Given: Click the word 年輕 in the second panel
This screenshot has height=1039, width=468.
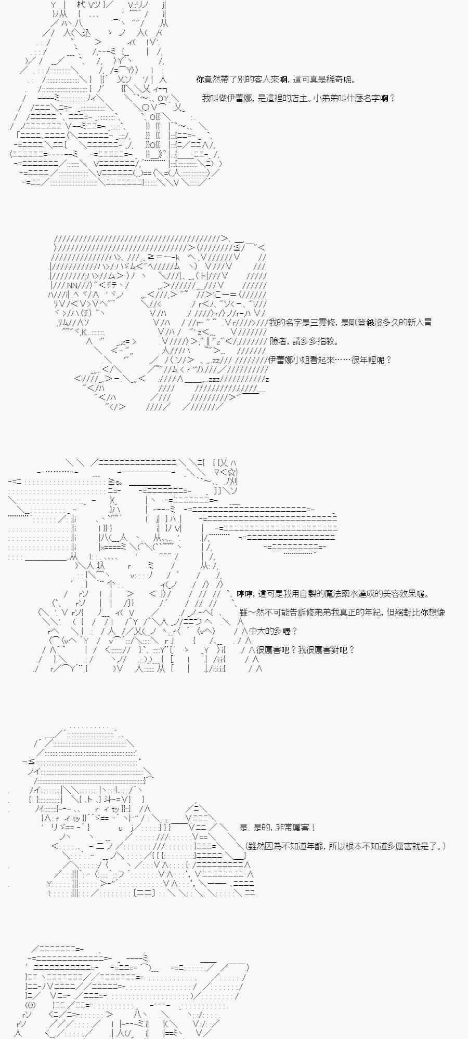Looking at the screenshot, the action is [x=372, y=360].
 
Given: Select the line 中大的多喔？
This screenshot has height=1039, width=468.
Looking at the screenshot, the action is [x=273, y=631].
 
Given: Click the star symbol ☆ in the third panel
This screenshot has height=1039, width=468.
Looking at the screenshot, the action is [x=232, y=472].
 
